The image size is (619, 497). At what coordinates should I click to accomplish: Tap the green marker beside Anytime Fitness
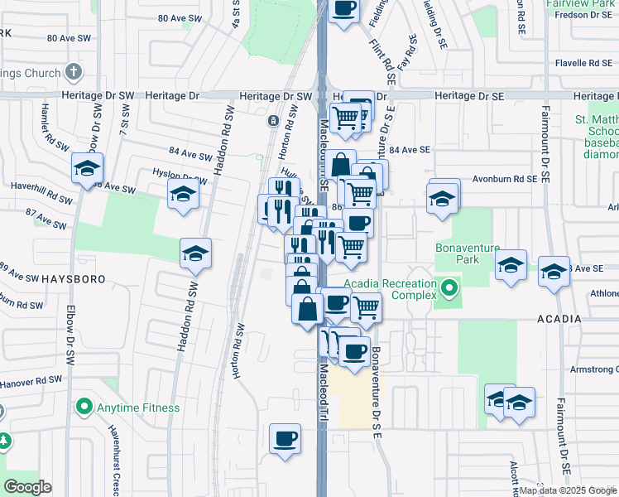[x=84, y=408]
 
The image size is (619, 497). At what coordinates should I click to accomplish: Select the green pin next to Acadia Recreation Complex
[x=449, y=289]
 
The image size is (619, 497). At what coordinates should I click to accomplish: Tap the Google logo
[x=27, y=487]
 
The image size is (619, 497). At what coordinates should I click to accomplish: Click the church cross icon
[x=74, y=72]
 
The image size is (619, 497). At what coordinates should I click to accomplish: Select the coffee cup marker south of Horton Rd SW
[x=285, y=438]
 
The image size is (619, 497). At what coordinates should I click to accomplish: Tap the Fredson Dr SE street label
[x=583, y=14]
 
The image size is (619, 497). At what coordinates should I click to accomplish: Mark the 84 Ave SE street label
[x=410, y=150]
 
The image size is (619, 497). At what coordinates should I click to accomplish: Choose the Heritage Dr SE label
[x=469, y=96]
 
